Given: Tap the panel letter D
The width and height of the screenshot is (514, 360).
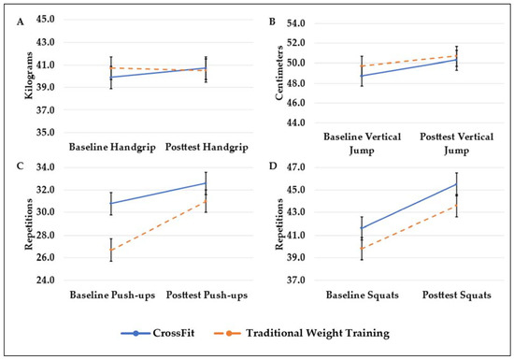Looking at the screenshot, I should click(x=272, y=169).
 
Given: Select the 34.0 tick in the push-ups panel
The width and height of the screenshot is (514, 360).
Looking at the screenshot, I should click(x=44, y=167).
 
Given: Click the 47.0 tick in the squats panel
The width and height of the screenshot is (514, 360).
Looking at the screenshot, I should click(x=296, y=167).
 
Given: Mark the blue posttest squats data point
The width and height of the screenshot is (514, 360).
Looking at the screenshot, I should click(x=457, y=183).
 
